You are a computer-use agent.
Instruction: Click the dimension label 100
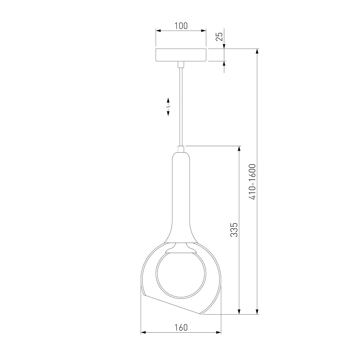(x=181, y=26)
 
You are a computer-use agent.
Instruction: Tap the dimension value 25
(x=220, y=36)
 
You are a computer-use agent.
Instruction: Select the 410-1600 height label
(x=252, y=181)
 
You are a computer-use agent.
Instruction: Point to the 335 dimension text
(x=234, y=229)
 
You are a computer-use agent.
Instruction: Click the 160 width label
(x=181, y=328)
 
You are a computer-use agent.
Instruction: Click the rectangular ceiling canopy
(x=181, y=55)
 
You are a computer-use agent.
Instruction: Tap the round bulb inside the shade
(x=181, y=275)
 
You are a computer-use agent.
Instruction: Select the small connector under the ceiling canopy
(x=181, y=64)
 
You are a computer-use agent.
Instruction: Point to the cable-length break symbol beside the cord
(x=168, y=107)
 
